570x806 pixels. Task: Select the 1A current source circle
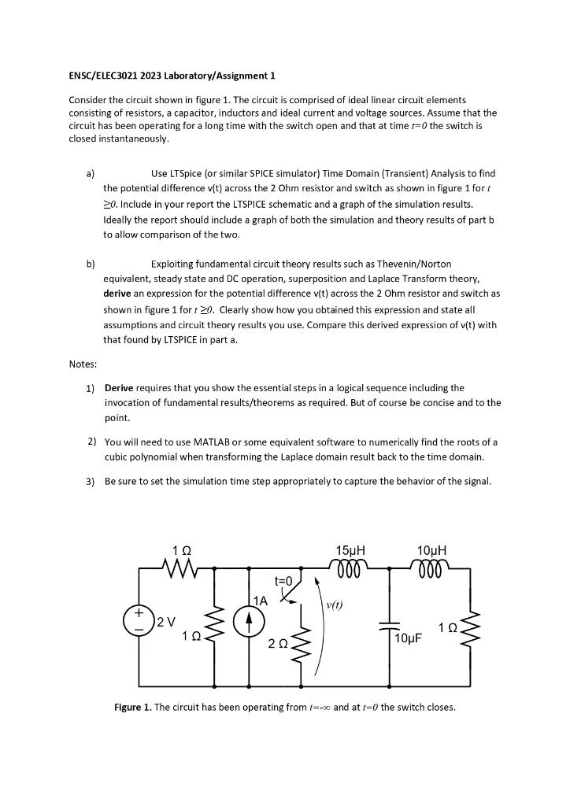[x=249, y=620]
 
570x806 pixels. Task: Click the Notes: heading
[x=83, y=364]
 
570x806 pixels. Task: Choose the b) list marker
[x=91, y=264]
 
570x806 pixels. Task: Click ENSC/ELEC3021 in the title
[x=104, y=76]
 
